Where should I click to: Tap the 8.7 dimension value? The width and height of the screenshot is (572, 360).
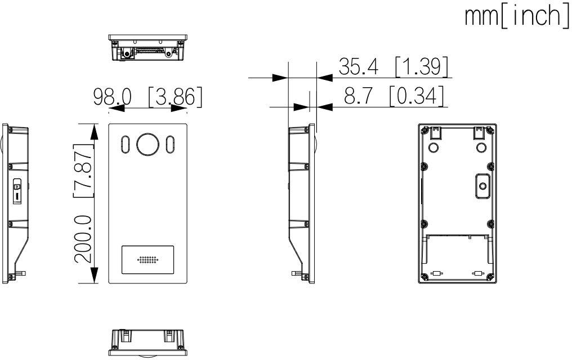pos(357,96)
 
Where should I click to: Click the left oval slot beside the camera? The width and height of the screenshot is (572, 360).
pos(126,144)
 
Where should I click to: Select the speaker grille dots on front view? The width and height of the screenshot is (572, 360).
pos(148,261)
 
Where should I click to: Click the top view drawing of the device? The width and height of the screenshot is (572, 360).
pos(148,47)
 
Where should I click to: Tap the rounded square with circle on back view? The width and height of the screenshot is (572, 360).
pos(481,185)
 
